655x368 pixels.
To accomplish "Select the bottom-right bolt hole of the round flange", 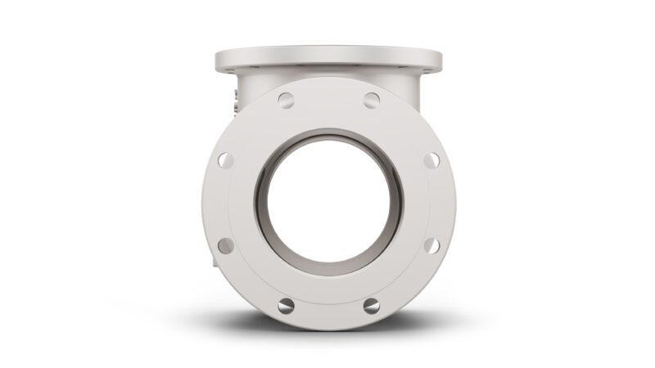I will (371, 306).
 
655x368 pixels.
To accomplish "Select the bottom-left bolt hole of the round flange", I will (286, 306).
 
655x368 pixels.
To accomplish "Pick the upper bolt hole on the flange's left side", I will (225, 160).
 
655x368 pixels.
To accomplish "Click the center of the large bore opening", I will (328, 203).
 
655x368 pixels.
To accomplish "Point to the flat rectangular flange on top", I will (328, 59).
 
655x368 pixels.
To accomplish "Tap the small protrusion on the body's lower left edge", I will (215, 263).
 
